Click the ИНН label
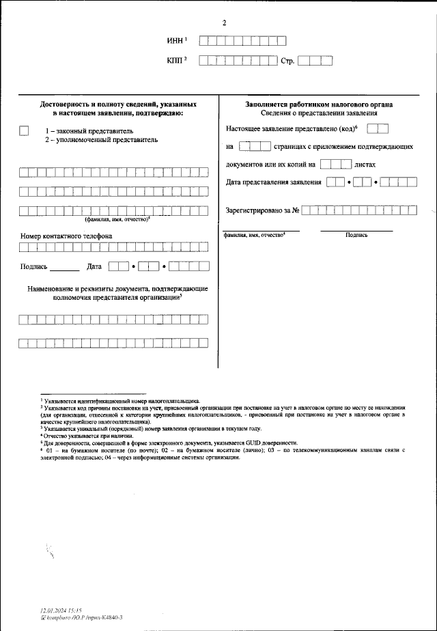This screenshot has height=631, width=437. pyautogui.click(x=175, y=41)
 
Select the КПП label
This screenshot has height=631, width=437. pyautogui.click(x=175, y=61)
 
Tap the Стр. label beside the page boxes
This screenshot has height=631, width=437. pyautogui.click(x=287, y=61)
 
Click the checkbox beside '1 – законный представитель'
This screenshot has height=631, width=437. pyautogui.click(x=25, y=130)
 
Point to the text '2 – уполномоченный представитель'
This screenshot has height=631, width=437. pyautogui.click(x=101, y=139)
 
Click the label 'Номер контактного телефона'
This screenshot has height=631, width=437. pyautogui.click(x=67, y=236)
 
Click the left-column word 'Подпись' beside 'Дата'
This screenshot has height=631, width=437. pyautogui.click(x=34, y=267)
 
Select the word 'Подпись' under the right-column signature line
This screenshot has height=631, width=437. pyautogui.click(x=356, y=235)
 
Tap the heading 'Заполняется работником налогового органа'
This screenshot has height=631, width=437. pyautogui.click(x=319, y=104)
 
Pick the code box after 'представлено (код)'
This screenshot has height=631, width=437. pyautogui.click(x=382, y=128)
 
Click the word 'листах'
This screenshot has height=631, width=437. pyautogui.click(x=365, y=165)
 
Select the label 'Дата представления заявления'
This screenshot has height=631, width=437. pyautogui.click(x=273, y=182)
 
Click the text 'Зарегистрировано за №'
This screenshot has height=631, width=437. pyautogui.click(x=263, y=210)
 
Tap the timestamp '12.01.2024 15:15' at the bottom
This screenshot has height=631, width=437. pyautogui.click(x=60, y=609)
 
